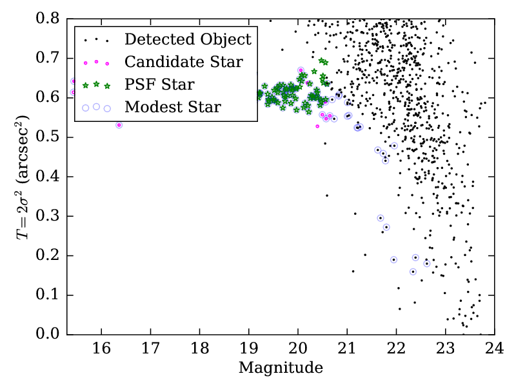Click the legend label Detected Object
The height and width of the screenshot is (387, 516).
188,39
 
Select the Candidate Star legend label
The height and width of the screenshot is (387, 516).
184,62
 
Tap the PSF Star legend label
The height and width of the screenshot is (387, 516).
159,84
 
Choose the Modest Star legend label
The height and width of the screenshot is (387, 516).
173,107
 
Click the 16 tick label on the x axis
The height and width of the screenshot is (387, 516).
101,350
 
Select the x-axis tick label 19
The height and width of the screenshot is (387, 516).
248,350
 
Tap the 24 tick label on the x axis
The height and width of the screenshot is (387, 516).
495,350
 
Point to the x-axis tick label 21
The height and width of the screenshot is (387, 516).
347,350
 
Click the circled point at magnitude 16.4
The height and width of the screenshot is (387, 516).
119,124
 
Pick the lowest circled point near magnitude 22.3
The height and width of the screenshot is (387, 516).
413,272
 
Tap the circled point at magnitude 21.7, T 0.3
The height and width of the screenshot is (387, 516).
381,218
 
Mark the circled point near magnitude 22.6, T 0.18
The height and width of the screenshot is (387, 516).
426,263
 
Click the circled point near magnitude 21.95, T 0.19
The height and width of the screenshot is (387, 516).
393,259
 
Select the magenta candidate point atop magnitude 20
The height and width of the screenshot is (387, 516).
301,70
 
